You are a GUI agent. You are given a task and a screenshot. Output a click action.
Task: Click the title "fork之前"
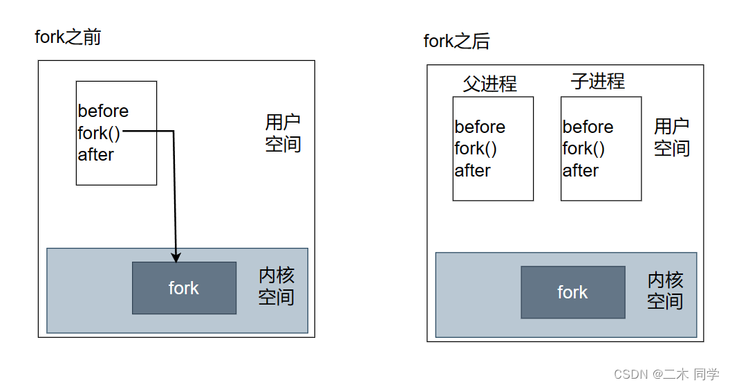(68, 37)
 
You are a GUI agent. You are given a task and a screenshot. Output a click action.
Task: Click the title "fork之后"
(456, 42)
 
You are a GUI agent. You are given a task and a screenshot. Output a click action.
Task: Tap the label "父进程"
(489, 84)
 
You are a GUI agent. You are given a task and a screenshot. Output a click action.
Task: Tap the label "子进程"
(597, 81)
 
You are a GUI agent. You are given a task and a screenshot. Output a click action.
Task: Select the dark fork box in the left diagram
(184, 288)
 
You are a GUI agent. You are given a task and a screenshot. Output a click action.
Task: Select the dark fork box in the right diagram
(572, 292)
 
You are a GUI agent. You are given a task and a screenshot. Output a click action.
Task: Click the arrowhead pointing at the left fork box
(176, 257)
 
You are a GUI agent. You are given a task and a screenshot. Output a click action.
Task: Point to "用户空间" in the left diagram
(283, 134)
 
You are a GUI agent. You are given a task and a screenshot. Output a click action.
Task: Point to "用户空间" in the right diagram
(671, 137)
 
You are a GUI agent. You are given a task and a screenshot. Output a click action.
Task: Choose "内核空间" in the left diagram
(276, 287)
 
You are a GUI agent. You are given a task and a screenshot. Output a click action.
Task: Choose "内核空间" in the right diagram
(665, 290)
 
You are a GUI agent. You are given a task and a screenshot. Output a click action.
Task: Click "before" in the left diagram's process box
(103, 111)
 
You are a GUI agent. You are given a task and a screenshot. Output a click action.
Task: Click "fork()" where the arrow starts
(99, 133)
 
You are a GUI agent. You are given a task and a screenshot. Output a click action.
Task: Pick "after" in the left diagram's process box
(95, 154)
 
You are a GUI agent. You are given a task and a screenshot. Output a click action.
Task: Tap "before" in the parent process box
(480, 127)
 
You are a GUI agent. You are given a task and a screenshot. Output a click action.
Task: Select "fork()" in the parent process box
(476, 149)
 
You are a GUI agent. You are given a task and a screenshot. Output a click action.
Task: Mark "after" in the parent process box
(472, 170)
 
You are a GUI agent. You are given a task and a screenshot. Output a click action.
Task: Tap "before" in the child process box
(588, 127)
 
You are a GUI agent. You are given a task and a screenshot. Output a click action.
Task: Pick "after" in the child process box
(580, 170)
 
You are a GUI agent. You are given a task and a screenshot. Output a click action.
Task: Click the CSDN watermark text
(666, 375)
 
